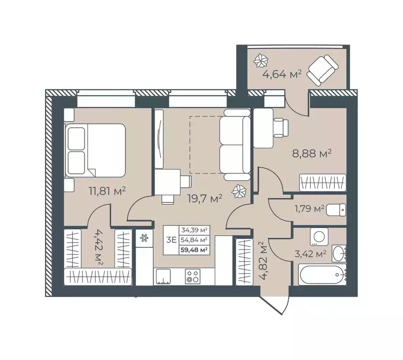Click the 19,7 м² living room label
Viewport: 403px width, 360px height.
(205, 199)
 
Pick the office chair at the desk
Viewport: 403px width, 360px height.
(282, 127)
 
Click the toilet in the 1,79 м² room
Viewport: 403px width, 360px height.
(336, 209)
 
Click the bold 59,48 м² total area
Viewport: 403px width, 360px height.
(194, 250)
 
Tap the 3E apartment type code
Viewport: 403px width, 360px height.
(171, 240)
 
